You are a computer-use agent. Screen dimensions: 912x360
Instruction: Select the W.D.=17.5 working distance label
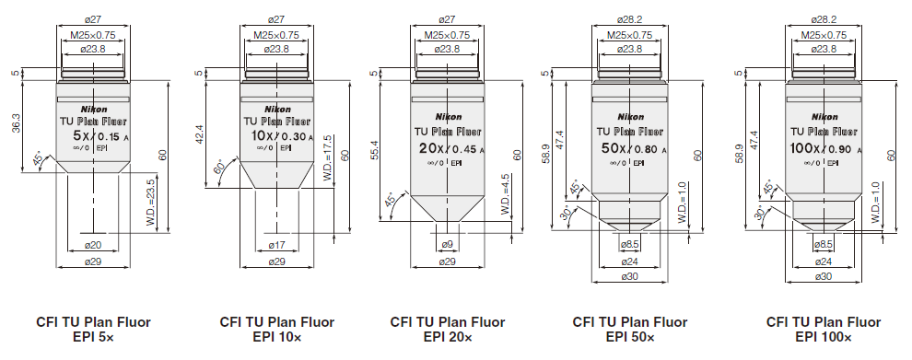tap(328, 158)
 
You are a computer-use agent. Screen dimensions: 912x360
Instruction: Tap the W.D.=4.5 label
tap(505, 192)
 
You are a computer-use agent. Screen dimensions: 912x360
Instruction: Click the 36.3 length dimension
tap(16, 122)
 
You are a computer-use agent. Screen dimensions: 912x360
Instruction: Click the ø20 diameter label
tap(93, 245)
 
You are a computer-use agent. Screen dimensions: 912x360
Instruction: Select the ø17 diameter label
tap(277, 245)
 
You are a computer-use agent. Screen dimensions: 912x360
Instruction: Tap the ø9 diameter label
tap(448, 245)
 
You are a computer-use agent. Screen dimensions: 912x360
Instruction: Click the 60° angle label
tap(220, 167)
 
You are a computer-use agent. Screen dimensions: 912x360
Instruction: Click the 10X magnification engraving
tap(256, 136)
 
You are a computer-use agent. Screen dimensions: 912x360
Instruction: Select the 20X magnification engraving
tap(431, 149)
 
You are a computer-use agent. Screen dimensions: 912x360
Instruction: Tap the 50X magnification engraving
tap(614, 149)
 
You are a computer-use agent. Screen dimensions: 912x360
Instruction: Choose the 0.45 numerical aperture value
tap(464, 150)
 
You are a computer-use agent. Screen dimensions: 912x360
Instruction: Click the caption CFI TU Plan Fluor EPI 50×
tap(630, 330)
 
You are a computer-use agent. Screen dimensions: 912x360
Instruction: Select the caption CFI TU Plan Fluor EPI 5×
tap(94, 330)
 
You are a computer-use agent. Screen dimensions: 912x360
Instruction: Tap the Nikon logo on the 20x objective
tap(448, 117)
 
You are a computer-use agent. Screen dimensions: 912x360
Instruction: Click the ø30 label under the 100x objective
tap(824, 276)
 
